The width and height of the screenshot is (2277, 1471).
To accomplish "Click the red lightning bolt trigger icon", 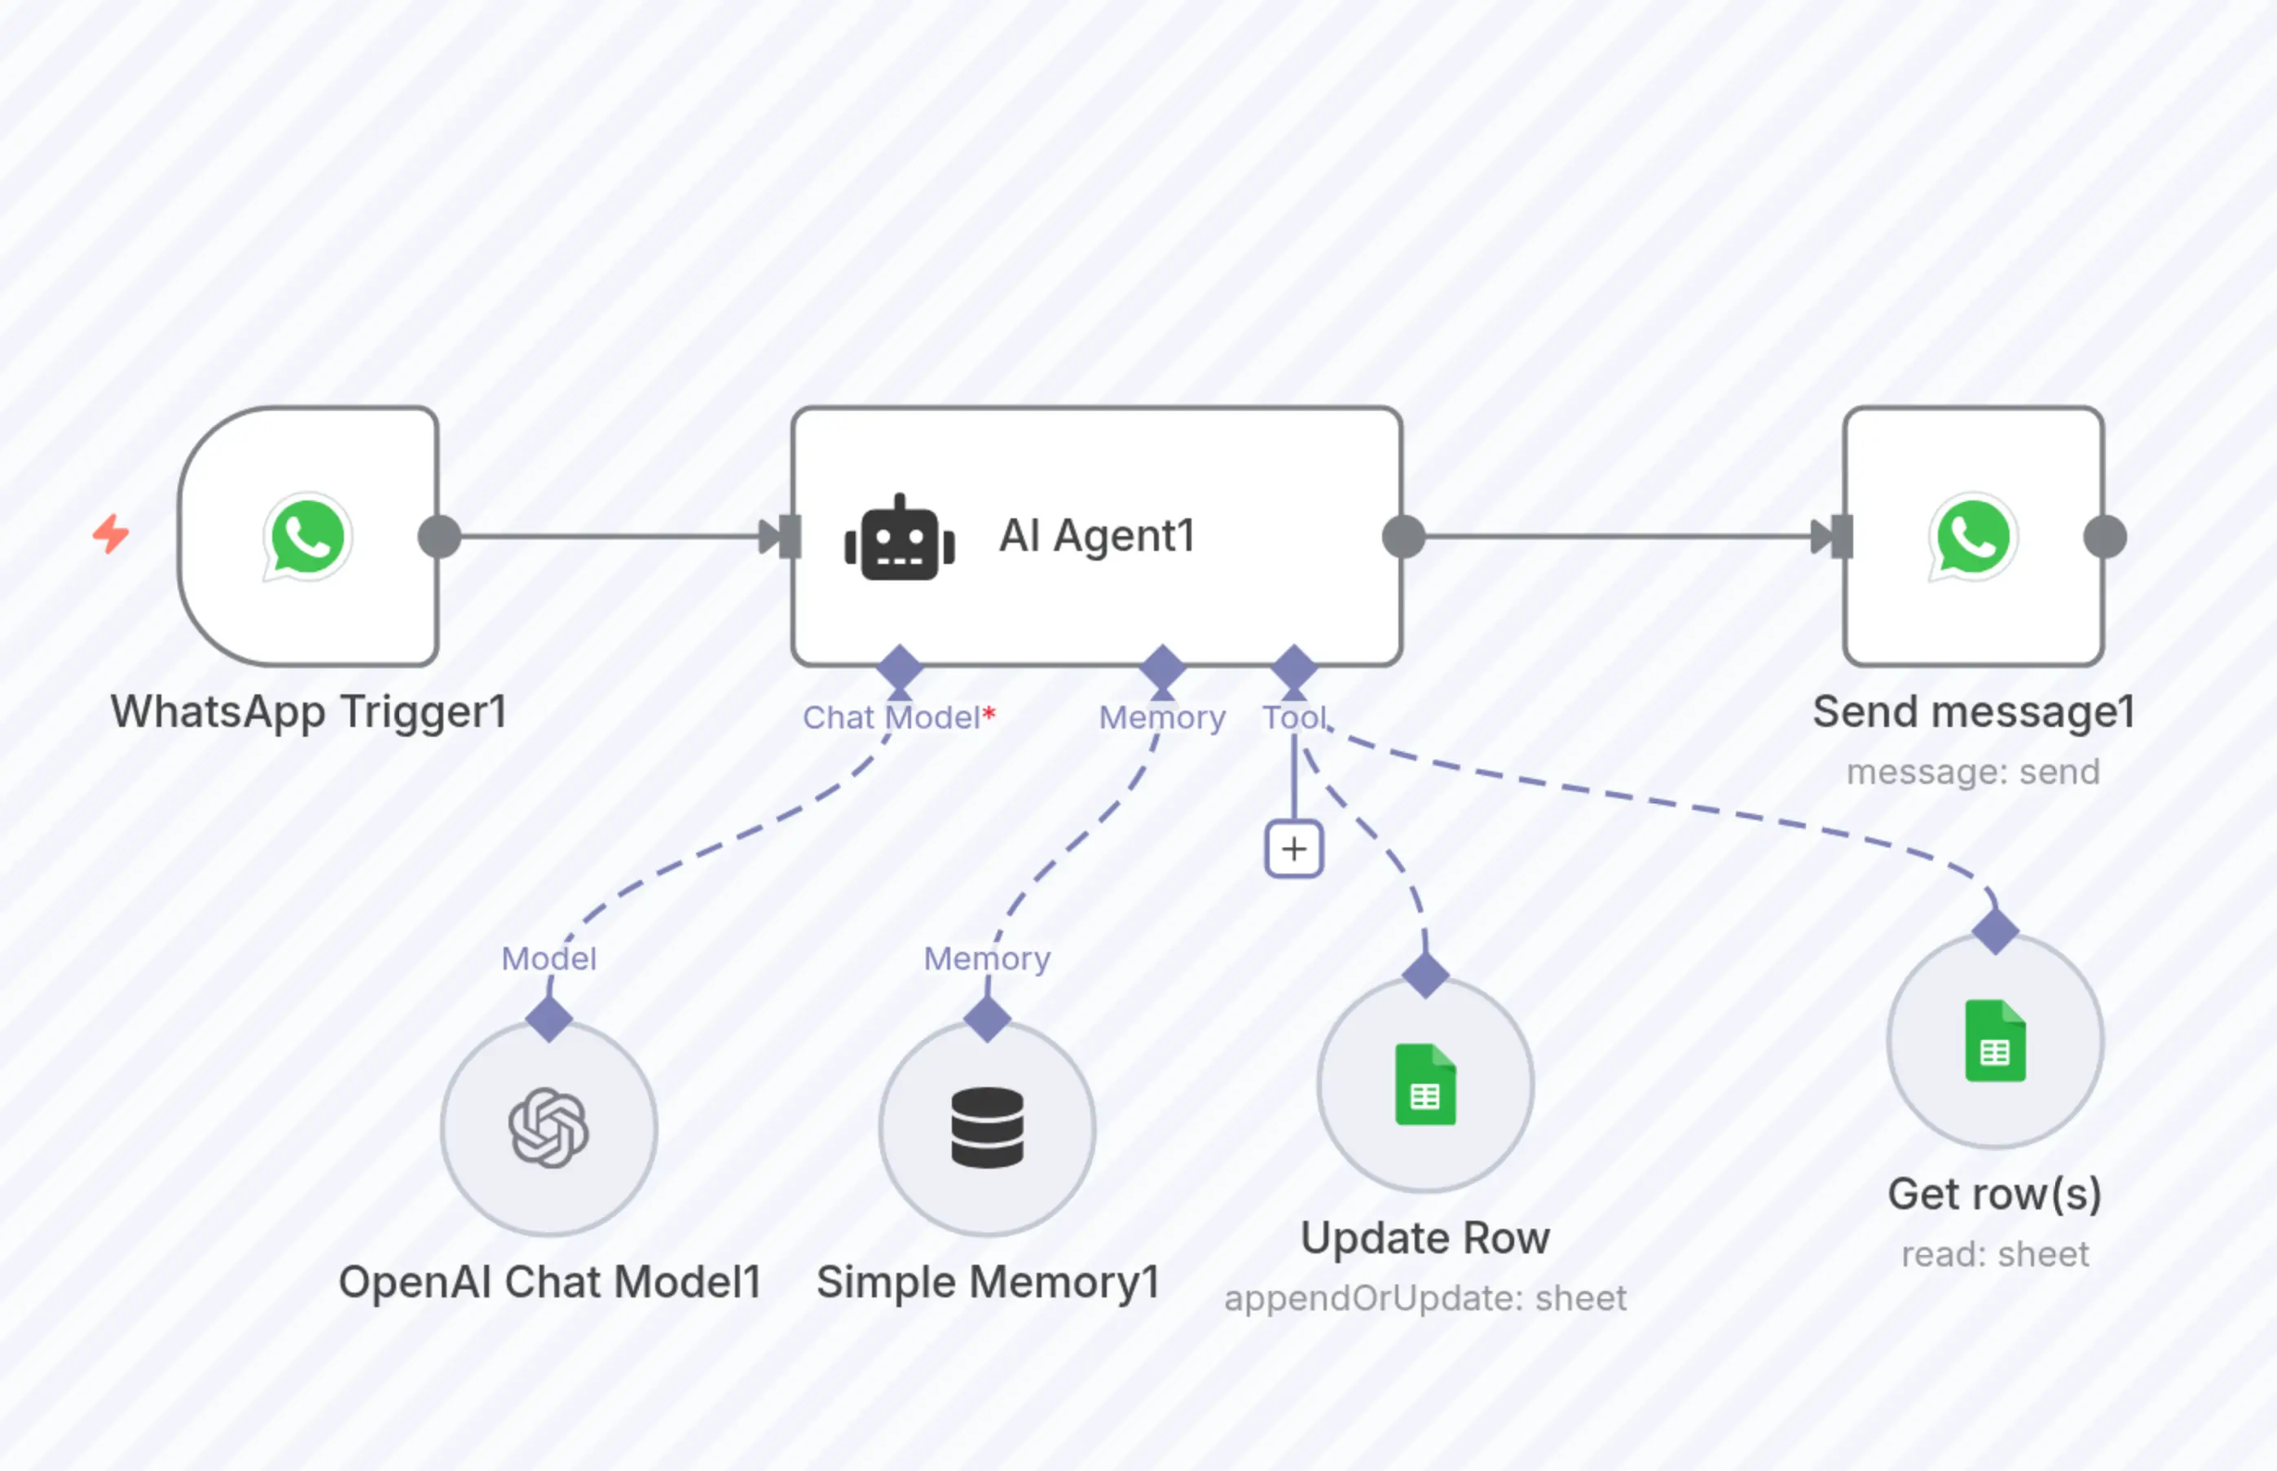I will [x=111, y=534].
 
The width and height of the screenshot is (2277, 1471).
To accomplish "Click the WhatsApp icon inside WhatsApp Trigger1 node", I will [x=307, y=537].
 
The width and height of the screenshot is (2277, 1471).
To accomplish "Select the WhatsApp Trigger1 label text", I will [x=309, y=711].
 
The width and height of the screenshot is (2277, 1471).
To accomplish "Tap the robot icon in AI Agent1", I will [x=899, y=538].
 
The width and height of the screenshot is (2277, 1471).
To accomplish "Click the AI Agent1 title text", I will [x=1096, y=536].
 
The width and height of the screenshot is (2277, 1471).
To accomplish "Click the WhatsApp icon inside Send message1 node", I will [x=1973, y=537].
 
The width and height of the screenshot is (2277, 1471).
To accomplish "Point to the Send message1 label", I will [x=1973, y=711].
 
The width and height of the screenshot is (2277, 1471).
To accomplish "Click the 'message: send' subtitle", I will [x=1973, y=772].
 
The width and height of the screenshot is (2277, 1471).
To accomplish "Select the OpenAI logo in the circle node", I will [x=548, y=1128].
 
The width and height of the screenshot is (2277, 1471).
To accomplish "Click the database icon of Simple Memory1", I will [x=987, y=1128].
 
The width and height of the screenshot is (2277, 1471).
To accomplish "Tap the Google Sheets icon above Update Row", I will [x=1425, y=1084].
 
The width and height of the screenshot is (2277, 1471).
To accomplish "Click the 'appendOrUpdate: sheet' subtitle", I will [x=1425, y=1298].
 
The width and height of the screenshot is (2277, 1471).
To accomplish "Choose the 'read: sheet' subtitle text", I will [x=1995, y=1254].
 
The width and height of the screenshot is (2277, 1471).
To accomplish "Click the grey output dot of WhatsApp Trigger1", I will [x=439, y=537].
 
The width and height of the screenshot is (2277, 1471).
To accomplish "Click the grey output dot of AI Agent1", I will [x=1403, y=537].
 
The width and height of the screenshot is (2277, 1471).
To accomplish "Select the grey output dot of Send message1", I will [x=2104, y=537].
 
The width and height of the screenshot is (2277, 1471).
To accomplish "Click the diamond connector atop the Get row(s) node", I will [x=1995, y=931].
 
